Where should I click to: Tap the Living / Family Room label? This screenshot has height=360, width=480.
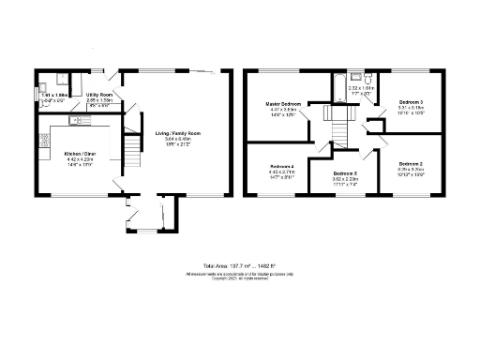pyautogui.click(x=177, y=134)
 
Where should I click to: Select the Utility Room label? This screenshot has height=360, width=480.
pyautogui.click(x=99, y=96)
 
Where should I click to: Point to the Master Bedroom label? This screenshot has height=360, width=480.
pyautogui.click(x=284, y=103)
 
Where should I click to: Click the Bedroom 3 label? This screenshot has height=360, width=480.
pyautogui.click(x=410, y=101)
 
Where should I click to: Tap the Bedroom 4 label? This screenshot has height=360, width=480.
pyautogui.click(x=282, y=165)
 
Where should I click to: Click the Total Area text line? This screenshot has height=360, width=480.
pyautogui.click(x=239, y=267)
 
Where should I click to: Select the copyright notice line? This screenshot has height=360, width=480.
pyautogui.click(x=239, y=278)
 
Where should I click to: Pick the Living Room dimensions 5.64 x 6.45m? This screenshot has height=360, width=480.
pyautogui.click(x=177, y=140)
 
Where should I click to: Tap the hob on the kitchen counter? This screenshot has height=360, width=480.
pyautogui.click(x=43, y=142)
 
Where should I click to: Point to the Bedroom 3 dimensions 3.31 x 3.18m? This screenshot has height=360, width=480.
pyautogui.click(x=410, y=107)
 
